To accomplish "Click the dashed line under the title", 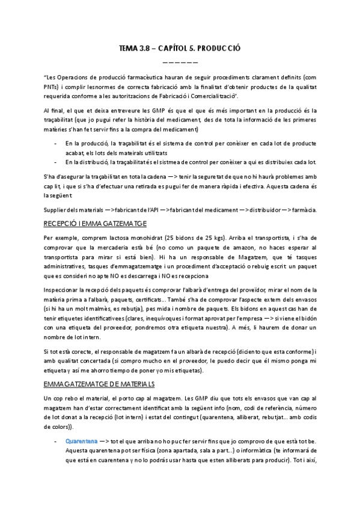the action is (x=180, y=62).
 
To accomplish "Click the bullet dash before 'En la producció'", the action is (x=56, y=143).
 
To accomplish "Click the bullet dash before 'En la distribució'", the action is (x=56, y=162).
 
